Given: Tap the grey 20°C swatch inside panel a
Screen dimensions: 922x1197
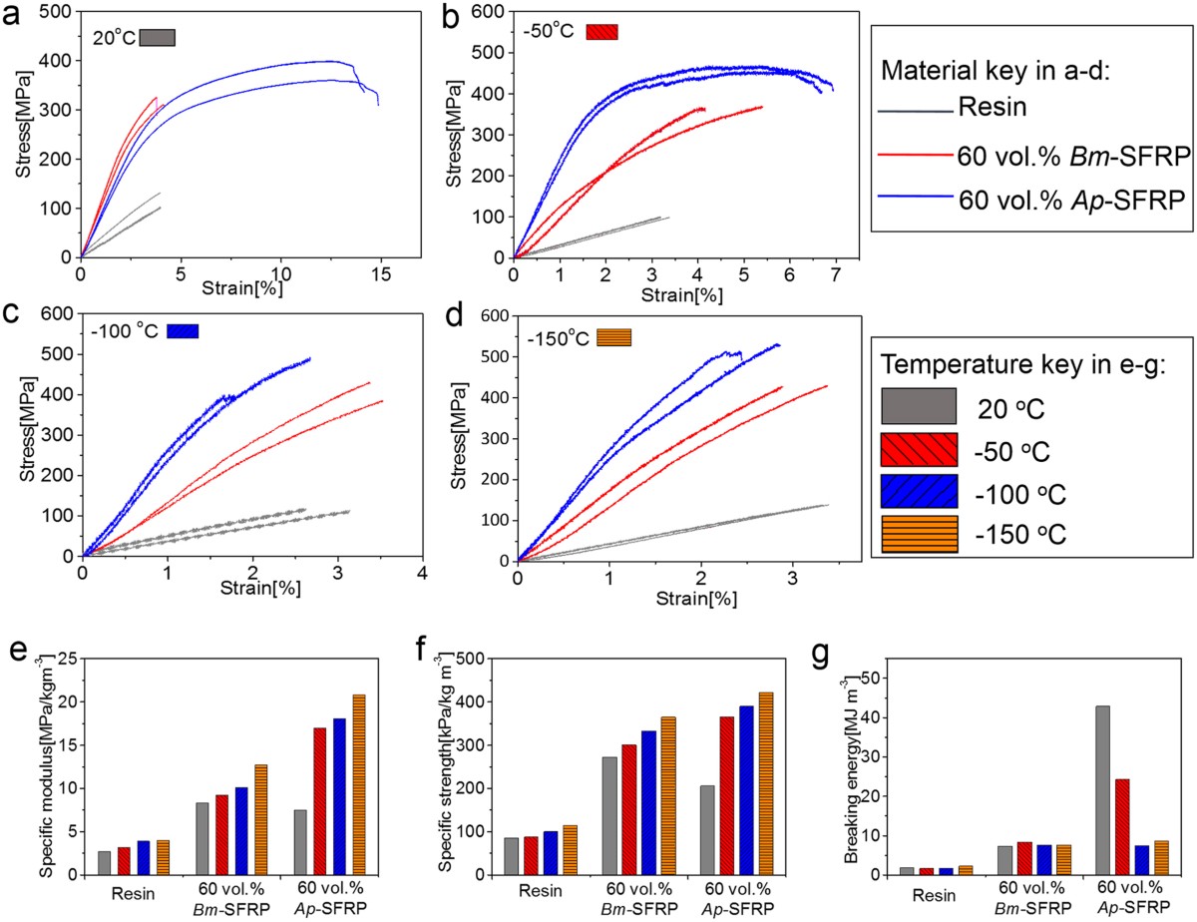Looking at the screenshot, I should (158, 37).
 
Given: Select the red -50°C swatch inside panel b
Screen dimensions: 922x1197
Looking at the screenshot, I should (602, 30).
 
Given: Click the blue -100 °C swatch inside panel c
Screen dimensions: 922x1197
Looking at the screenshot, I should (183, 330).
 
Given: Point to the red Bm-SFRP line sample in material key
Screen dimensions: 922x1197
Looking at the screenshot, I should (914, 155).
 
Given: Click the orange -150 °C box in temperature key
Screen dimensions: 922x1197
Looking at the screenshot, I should (919, 534).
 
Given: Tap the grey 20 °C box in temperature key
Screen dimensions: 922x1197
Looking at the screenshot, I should (919, 406).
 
